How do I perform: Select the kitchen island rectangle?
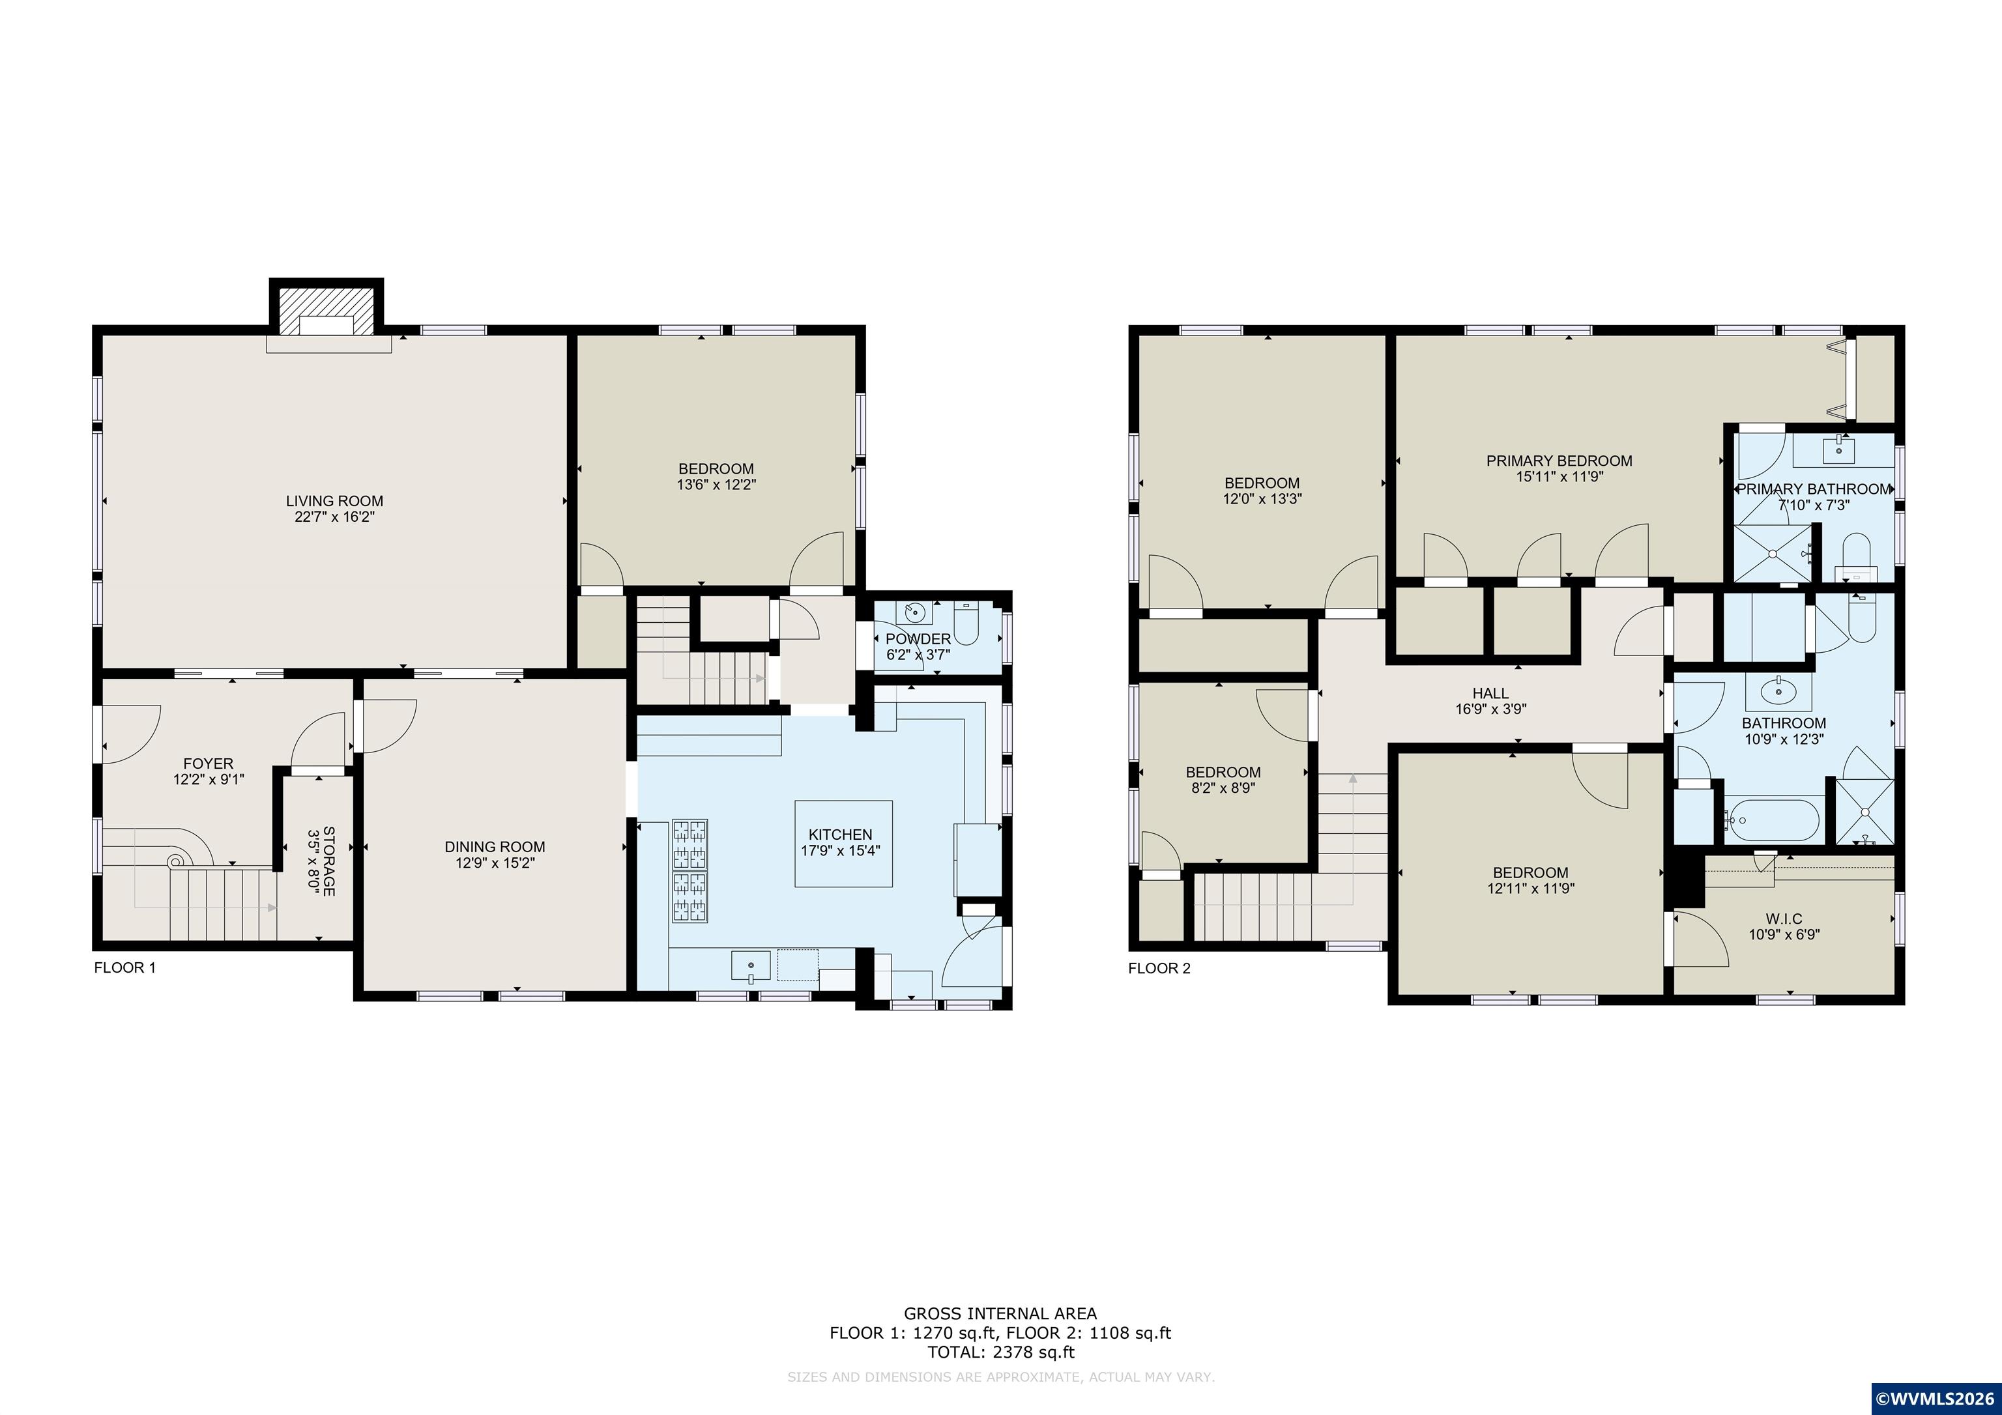tap(843, 844)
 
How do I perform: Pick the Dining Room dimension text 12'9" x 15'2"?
tap(495, 863)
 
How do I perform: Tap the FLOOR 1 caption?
tap(124, 967)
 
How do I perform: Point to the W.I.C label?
tap(1784, 918)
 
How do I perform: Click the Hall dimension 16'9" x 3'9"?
tap(1491, 709)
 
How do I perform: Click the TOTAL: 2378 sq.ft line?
tap(1000, 1352)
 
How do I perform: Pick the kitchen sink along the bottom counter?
tap(751, 967)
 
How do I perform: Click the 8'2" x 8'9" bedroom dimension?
tap(1223, 787)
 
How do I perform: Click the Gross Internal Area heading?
tap(1000, 1313)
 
